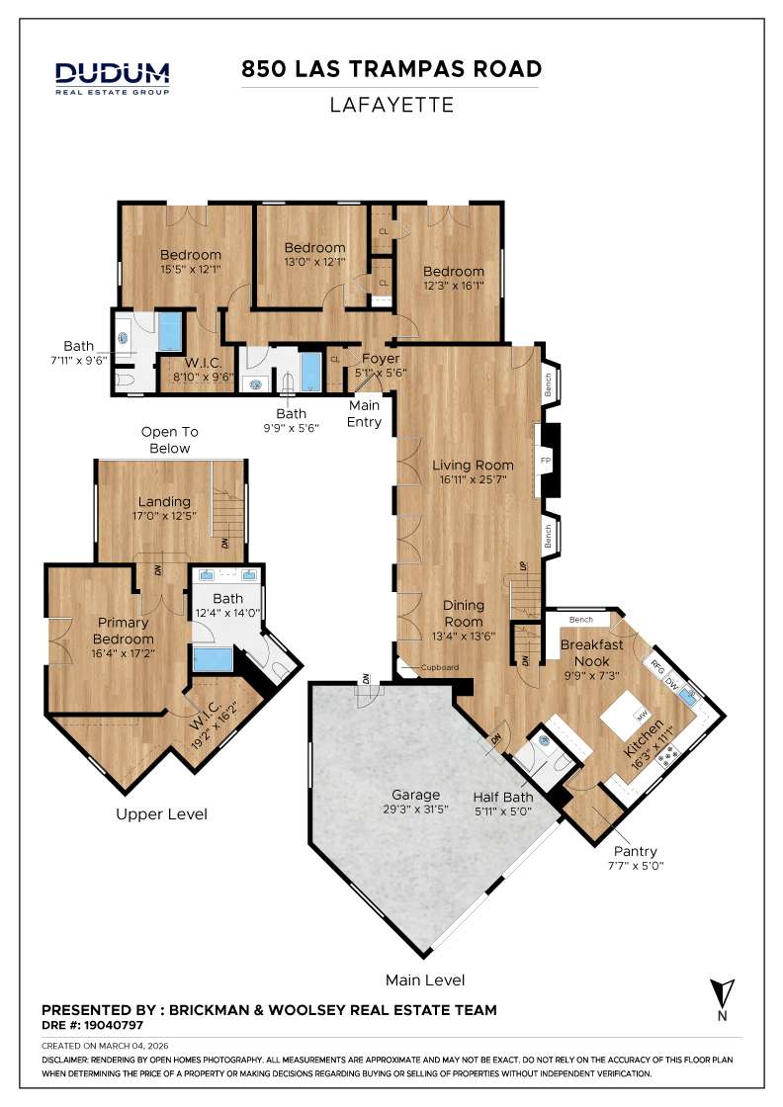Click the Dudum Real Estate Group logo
pyautogui.click(x=112, y=77)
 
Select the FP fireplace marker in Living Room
pyautogui.click(x=543, y=461)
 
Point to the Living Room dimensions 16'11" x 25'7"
pyautogui.click(x=473, y=481)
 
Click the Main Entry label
pyautogui.click(x=365, y=413)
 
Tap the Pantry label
pyautogui.click(x=635, y=851)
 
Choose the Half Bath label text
pyautogui.click(x=502, y=798)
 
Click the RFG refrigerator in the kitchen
pyautogui.click(x=657, y=667)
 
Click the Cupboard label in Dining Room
pyautogui.click(x=440, y=667)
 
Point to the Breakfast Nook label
pyautogui.click(x=591, y=652)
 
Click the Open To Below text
pyautogui.click(x=170, y=440)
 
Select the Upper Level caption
pyautogui.click(x=161, y=814)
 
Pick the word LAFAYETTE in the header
pyautogui.click(x=391, y=105)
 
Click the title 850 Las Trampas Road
pyautogui.click(x=391, y=69)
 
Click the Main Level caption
pyautogui.click(x=425, y=980)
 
